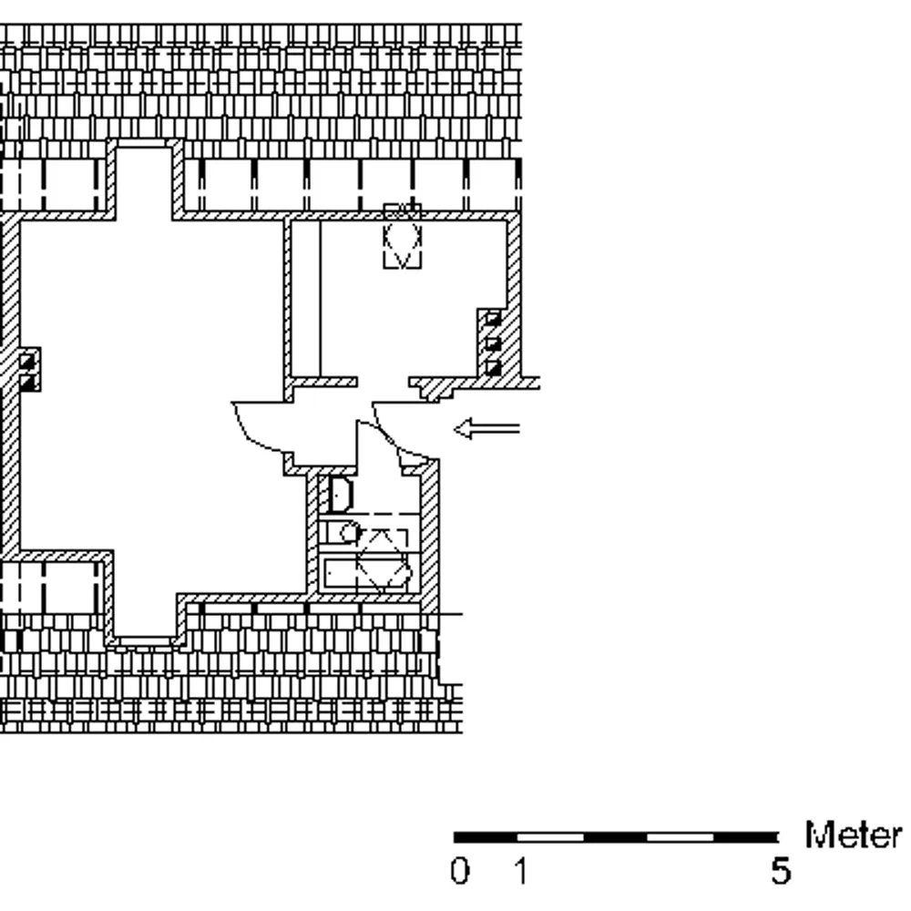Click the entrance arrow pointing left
coord(486,429)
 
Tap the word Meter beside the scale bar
coord(853,835)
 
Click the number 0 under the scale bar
coord(459,871)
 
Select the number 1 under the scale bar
coord(522,871)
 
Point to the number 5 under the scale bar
coord(782,871)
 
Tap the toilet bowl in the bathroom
coord(349,532)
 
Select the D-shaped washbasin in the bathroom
coord(340,495)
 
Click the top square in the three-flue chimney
coord(493,318)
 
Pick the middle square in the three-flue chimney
coord(493,343)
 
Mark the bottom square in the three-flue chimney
coord(493,368)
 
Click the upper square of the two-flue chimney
coord(27,362)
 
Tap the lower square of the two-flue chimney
coord(27,382)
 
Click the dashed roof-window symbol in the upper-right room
coord(402,236)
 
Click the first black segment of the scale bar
coord(486,837)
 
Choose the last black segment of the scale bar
coord(745,837)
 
